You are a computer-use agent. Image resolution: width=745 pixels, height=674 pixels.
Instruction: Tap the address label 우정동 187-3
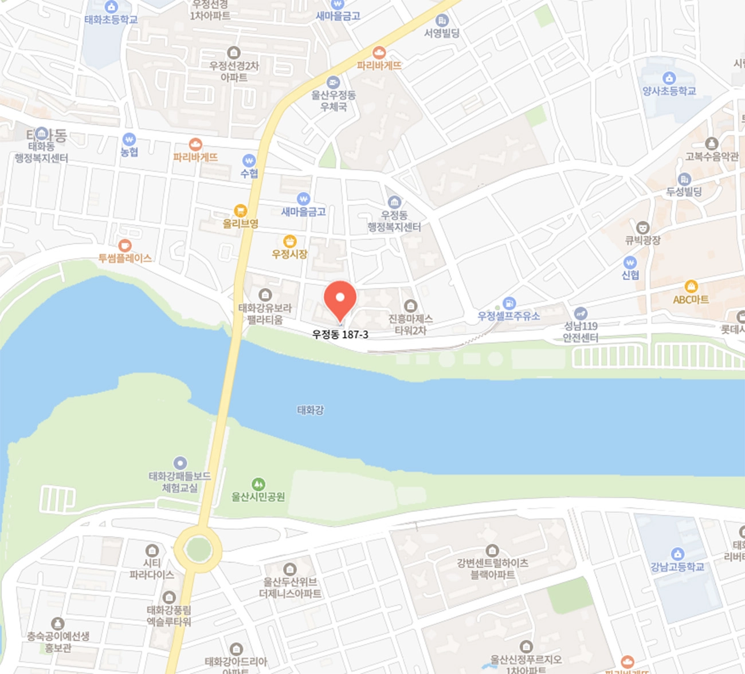pos(340,334)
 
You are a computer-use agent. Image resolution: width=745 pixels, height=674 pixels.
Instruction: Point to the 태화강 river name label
pos(311,410)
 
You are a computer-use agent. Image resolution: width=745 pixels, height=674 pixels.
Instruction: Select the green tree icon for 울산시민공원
pos(258,484)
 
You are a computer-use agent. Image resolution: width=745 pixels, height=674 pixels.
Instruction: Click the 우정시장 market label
pos(290,254)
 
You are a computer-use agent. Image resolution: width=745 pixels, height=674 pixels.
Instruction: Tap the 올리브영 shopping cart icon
pos(241,211)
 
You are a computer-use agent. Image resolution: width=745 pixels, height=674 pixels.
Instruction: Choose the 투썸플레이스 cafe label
pos(125,258)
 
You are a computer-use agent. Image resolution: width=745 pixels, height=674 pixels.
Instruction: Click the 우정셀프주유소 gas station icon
pos(509,303)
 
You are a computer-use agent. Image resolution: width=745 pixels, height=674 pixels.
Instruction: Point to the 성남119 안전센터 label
pos(581,332)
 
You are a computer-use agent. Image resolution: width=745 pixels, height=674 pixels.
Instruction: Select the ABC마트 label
pos(691,299)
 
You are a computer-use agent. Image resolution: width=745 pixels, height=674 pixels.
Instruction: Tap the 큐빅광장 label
pos(643,241)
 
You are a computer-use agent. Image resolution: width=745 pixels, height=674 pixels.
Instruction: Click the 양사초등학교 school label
pos(669,91)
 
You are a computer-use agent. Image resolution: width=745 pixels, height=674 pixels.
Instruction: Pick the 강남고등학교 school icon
pos(677,554)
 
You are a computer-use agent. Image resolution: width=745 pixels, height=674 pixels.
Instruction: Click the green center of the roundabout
pos(198,549)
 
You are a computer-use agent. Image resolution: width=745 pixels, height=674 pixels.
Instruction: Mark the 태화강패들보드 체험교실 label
pos(180,482)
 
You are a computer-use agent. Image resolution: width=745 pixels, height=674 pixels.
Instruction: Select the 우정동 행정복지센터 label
pos(394,221)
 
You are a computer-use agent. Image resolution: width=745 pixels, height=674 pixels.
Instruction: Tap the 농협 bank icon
pos(130,139)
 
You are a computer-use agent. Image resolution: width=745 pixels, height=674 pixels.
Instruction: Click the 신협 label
pos(630,275)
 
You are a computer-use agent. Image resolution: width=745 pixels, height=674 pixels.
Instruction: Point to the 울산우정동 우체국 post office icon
pos(334,82)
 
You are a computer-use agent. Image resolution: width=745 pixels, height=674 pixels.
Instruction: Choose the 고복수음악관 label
pos(712,156)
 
